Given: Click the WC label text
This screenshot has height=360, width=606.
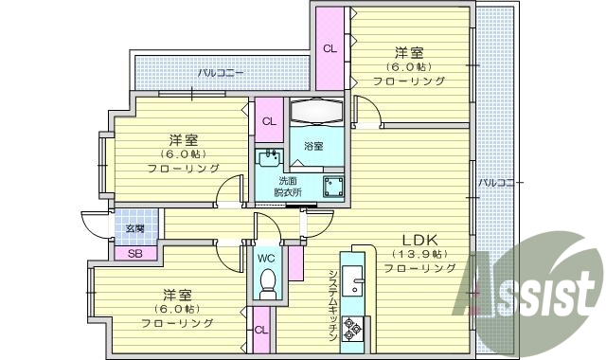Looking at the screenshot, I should pyautogui.click(x=266, y=257).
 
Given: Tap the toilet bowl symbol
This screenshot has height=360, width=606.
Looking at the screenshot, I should pyautogui.click(x=267, y=281).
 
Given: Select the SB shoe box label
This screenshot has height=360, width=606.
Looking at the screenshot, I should pyautogui.click(x=134, y=253).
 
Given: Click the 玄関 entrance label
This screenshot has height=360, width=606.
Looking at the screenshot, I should pyautogui.click(x=134, y=228).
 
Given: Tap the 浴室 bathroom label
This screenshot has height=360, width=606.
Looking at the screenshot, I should pyautogui.click(x=313, y=147).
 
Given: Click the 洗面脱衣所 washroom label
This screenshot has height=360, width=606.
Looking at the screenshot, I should pyautogui.click(x=289, y=187).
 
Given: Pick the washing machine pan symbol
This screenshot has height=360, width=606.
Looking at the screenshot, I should pyautogui.click(x=332, y=185).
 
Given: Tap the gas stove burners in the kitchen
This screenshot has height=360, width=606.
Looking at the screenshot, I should pyautogui.click(x=355, y=328).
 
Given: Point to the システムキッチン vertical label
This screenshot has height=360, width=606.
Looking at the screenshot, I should pyautogui.click(x=333, y=304).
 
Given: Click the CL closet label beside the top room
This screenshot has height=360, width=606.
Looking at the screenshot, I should pyautogui.click(x=330, y=48).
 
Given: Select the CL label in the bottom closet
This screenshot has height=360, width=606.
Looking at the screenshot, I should pyautogui.click(x=260, y=330).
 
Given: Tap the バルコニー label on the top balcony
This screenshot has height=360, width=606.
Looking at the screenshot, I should pyautogui.click(x=221, y=72).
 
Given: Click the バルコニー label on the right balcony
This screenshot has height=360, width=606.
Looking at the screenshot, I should pyautogui.click(x=493, y=182).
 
